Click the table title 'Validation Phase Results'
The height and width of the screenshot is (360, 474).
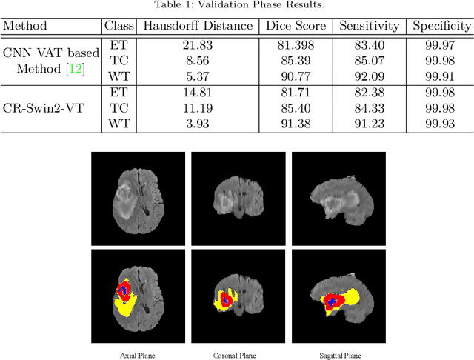coord(237,6)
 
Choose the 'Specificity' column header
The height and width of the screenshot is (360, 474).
coord(441,26)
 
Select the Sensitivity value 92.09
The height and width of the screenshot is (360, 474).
coord(367,74)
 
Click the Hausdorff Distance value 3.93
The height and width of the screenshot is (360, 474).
coord(196,122)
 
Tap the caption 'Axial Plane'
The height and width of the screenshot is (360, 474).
coord(138,355)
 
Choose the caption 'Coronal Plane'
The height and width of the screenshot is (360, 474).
coord(238,355)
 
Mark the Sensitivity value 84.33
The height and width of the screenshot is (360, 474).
coord(367,108)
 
